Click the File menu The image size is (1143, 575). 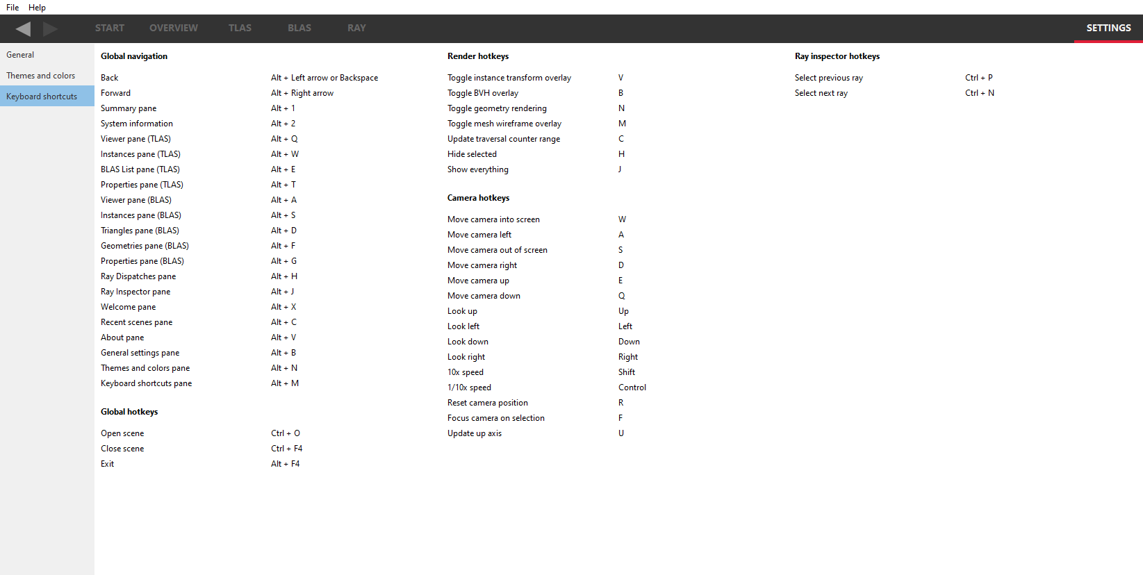13,8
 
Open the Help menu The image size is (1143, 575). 37,8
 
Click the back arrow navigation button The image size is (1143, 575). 23,28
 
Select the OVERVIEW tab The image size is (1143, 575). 174,28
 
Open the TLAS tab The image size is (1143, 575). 240,28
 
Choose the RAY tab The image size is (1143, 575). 356,28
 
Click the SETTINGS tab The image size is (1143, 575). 1108,28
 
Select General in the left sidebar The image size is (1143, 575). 20,55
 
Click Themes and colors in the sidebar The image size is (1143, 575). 40,76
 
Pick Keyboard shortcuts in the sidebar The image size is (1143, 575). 42,97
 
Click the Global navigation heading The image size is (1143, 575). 134,56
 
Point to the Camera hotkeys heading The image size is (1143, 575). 478,198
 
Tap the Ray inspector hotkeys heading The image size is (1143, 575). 837,56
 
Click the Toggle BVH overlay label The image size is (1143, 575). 483,93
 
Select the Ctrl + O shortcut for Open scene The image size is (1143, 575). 286,433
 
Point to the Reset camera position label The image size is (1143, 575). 488,403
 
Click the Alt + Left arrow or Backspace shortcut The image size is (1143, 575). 324,78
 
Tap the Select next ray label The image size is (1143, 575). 821,93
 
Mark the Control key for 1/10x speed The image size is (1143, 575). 632,387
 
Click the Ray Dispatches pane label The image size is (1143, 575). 138,276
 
